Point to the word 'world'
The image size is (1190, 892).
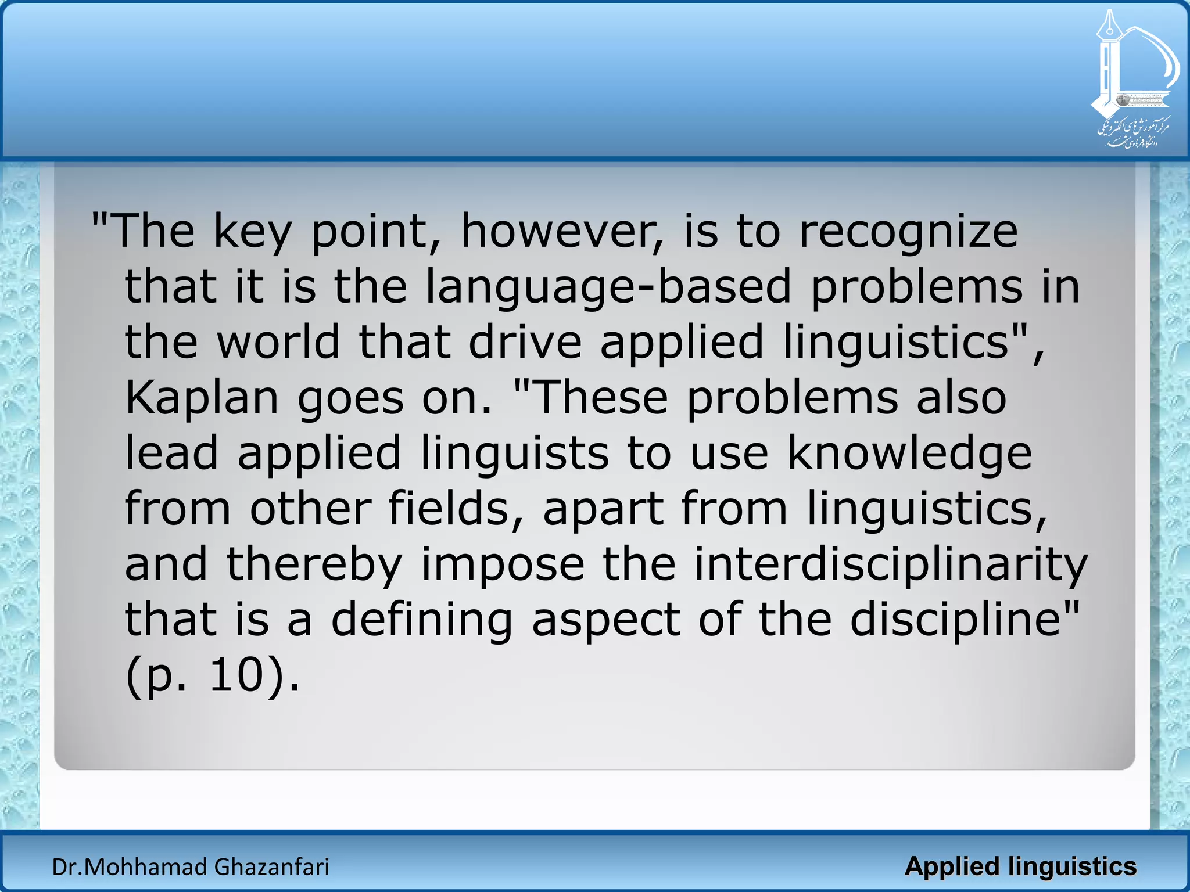pyautogui.click(x=278, y=341)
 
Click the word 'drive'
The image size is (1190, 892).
pyautogui.click(x=525, y=341)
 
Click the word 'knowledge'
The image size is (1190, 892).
pyautogui.click(x=909, y=454)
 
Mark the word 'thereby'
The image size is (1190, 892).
pyautogui.click(x=314, y=564)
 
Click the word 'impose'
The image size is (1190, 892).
pyautogui.click(x=503, y=564)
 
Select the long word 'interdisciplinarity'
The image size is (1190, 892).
pyautogui.click(x=891, y=564)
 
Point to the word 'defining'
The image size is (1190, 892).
pyautogui.click(x=422, y=620)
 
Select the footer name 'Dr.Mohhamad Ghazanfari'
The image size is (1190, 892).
pyautogui.click(x=191, y=867)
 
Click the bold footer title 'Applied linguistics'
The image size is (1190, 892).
pyautogui.click(x=1020, y=866)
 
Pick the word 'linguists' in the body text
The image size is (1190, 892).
pyautogui.click(x=515, y=454)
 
